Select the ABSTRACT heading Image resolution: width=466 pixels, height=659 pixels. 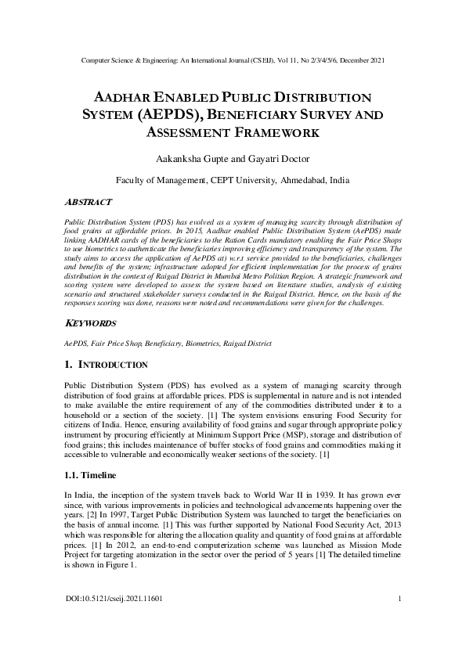[87, 201]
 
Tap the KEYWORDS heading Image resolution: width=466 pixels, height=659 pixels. [90, 323]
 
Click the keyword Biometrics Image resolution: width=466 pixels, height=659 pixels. [204, 343]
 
